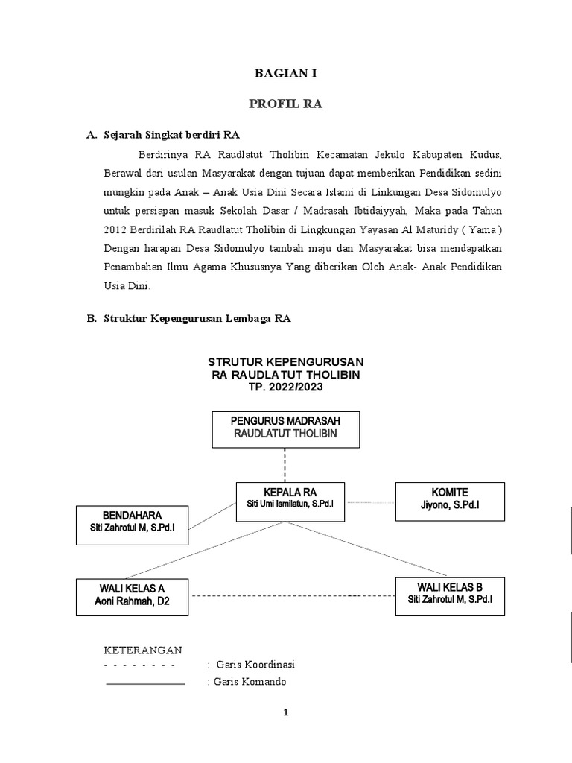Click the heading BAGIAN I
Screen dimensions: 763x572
click(x=286, y=73)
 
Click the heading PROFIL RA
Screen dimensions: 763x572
click(x=286, y=104)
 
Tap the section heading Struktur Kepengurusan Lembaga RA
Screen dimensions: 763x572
click(x=197, y=318)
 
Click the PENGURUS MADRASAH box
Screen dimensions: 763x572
click(x=286, y=428)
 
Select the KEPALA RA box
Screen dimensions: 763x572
click(x=287, y=498)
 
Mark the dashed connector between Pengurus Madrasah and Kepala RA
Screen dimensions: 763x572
click(x=286, y=465)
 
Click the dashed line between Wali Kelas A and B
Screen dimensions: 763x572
click(x=290, y=595)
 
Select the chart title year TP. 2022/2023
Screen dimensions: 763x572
click(x=287, y=387)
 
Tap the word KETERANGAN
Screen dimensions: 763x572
click(x=142, y=650)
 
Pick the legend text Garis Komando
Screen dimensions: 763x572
click(x=250, y=682)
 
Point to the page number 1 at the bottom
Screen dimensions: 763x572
click(x=286, y=713)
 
